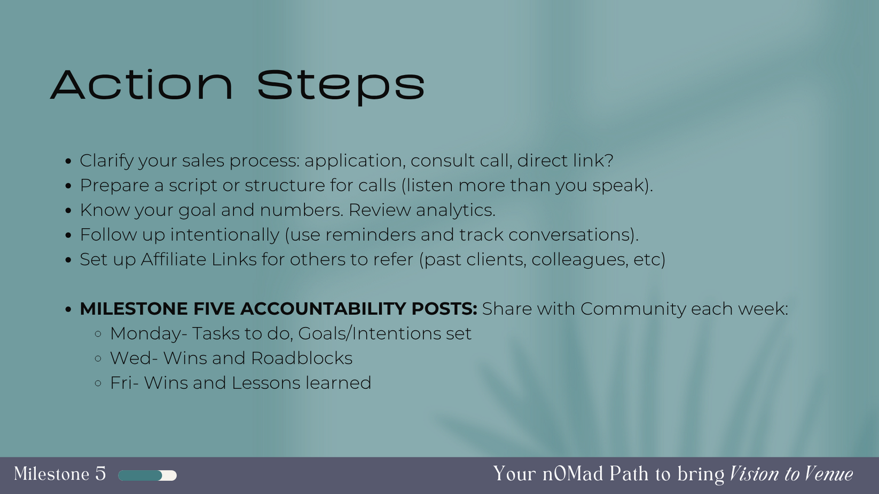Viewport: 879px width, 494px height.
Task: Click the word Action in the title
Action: [x=142, y=85]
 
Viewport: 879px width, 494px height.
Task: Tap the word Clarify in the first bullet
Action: [x=106, y=161]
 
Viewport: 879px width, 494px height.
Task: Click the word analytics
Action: [x=456, y=210]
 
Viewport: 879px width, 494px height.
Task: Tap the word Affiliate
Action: [x=174, y=259]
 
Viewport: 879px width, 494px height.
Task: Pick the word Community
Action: [x=633, y=309]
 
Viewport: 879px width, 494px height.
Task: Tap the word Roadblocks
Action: [x=301, y=358]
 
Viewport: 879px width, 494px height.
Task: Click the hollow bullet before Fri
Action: [x=98, y=383]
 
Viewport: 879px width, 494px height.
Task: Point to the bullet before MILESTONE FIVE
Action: [x=68, y=309]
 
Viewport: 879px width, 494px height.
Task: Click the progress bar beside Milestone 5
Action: [x=147, y=475]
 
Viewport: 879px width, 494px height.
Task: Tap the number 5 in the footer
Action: [x=101, y=474]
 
